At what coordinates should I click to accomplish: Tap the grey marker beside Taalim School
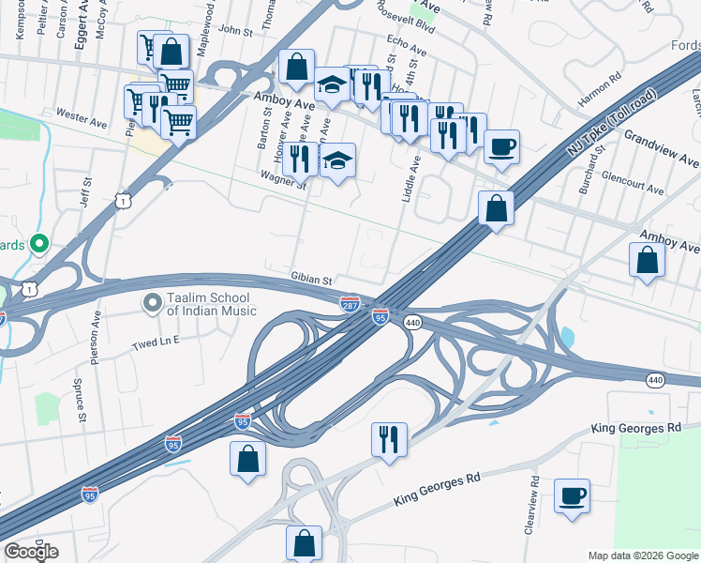click(151, 302)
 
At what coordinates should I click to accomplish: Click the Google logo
click(31, 552)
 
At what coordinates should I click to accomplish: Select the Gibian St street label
click(312, 280)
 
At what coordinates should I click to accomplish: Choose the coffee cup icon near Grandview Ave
click(501, 146)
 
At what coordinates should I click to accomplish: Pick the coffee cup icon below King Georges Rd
click(572, 495)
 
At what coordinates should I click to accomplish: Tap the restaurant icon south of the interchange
click(388, 439)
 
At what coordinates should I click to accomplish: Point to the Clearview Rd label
click(533, 505)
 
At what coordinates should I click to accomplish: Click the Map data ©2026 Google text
click(643, 555)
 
